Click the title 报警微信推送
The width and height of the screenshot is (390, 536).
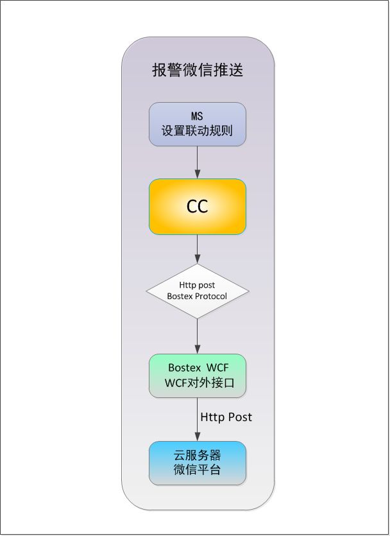click(198, 70)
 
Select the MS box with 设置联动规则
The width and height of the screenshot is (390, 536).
click(198, 124)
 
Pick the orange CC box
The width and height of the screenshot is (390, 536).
click(198, 206)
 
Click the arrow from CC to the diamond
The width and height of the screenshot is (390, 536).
click(198, 248)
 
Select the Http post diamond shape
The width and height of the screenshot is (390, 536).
click(198, 291)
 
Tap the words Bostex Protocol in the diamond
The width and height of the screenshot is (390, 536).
click(198, 297)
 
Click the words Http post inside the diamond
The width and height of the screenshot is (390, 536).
click(198, 286)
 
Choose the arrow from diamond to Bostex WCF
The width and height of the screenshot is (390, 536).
click(198, 336)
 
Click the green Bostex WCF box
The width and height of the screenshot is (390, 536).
click(198, 375)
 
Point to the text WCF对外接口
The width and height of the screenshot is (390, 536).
click(198, 383)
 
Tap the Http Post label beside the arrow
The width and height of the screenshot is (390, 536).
click(226, 417)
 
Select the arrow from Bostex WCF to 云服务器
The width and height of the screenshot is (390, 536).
click(198, 419)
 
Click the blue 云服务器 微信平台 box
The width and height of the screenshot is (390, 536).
click(198, 463)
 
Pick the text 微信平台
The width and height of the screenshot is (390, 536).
click(198, 470)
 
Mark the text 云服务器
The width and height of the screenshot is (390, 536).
click(198, 455)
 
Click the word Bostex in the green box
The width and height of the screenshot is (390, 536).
click(185, 368)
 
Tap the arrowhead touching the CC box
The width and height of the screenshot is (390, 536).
click(198, 175)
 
